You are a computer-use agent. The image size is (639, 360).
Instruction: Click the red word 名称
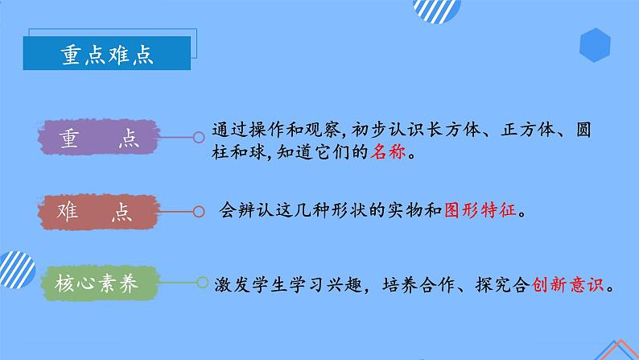[387, 152]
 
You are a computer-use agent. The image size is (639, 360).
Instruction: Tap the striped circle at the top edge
[436, 10]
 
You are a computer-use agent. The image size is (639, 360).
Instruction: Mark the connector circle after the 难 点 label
[198, 213]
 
